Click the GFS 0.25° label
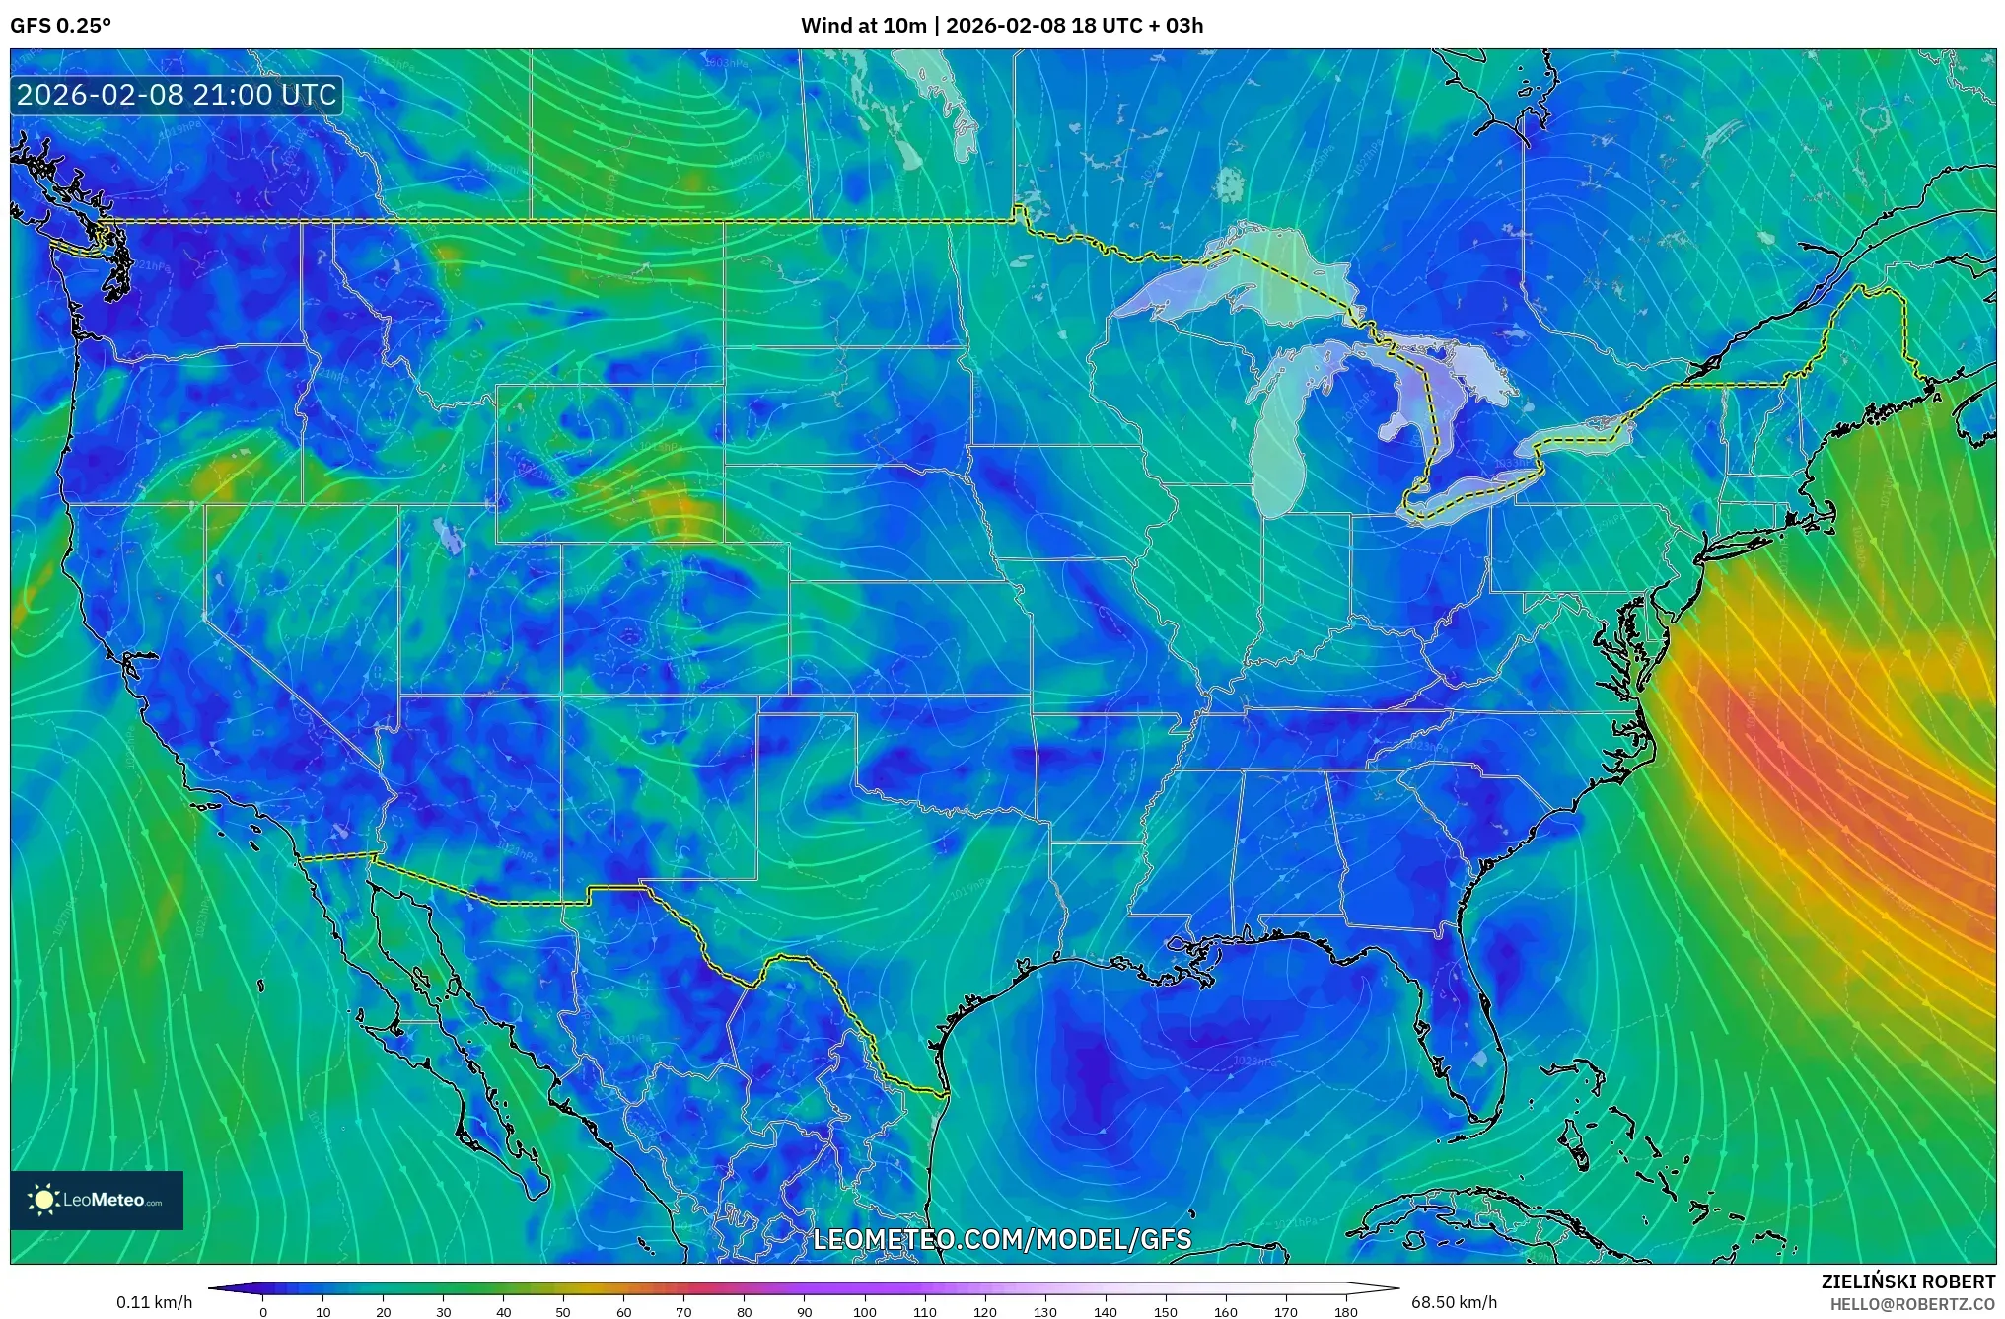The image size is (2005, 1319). pyautogui.click(x=60, y=26)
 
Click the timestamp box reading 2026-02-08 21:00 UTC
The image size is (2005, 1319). pyautogui.click(x=178, y=96)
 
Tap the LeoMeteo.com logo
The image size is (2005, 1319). pyautogui.click(x=97, y=1201)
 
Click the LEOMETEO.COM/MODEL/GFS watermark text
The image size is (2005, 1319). pyautogui.click(x=1002, y=1239)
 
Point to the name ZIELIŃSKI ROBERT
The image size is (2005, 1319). pyautogui.click(x=1907, y=1282)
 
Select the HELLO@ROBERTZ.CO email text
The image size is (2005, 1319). pyautogui.click(x=1912, y=1304)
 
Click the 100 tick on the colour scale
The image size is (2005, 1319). pyautogui.click(x=864, y=1312)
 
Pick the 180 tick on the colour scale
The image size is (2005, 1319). pyautogui.click(x=1345, y=1312)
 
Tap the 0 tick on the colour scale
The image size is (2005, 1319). pyautogui.click(x=262, y=1312)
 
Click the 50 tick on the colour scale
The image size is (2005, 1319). pyautogui.click(x=563, y=1312)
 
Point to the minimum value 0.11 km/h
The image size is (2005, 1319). pyautogui.click(x=154, y=1303)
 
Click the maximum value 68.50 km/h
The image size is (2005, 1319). pyautogui.click(x=1454, y=1303)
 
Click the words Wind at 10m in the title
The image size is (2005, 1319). pyautogui.click(x=863, y=26)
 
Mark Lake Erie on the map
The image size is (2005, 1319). pyautogui.click(x=1479, y=488)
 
